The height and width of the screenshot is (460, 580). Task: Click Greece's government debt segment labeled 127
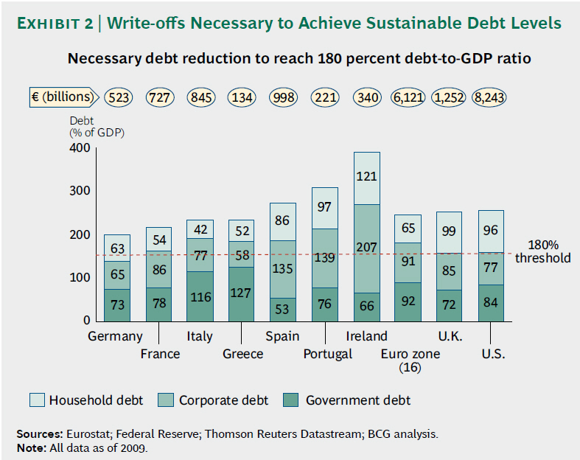241,293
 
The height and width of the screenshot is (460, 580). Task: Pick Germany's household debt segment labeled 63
117,248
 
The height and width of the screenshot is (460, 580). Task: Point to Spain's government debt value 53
283,309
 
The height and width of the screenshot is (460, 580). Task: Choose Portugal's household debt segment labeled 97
324,208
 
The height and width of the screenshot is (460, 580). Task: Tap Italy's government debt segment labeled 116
200,296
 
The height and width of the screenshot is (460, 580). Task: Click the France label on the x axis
160,354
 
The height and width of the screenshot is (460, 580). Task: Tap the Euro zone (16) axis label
410,360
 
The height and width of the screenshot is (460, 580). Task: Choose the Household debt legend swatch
37,400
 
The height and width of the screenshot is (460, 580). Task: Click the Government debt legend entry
358,400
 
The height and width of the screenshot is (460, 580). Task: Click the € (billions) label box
63,97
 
